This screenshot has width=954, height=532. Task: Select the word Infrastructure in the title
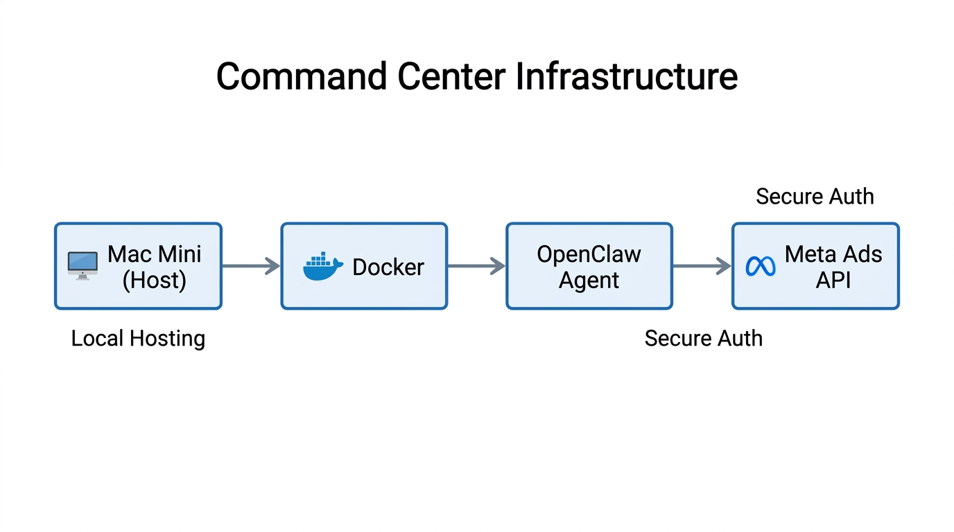point(627,76)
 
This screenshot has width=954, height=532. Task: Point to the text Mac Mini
point(154,254)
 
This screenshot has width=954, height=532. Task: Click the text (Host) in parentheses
point(154,280)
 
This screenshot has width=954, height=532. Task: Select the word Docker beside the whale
point(388,267)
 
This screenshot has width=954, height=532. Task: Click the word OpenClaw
point(589,254)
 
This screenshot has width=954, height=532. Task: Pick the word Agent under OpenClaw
point(589,281)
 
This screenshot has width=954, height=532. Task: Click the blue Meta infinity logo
point(761,267)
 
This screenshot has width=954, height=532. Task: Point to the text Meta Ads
point(833,254)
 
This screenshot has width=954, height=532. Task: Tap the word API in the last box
point(833,281)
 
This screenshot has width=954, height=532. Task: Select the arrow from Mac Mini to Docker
point(251,266)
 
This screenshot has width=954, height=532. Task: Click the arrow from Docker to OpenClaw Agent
point(476,266)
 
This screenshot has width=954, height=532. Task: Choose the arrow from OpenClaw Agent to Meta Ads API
point(702,266)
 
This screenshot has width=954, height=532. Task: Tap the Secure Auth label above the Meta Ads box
point(815,197)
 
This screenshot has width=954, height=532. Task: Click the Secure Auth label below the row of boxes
point(703,339)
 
